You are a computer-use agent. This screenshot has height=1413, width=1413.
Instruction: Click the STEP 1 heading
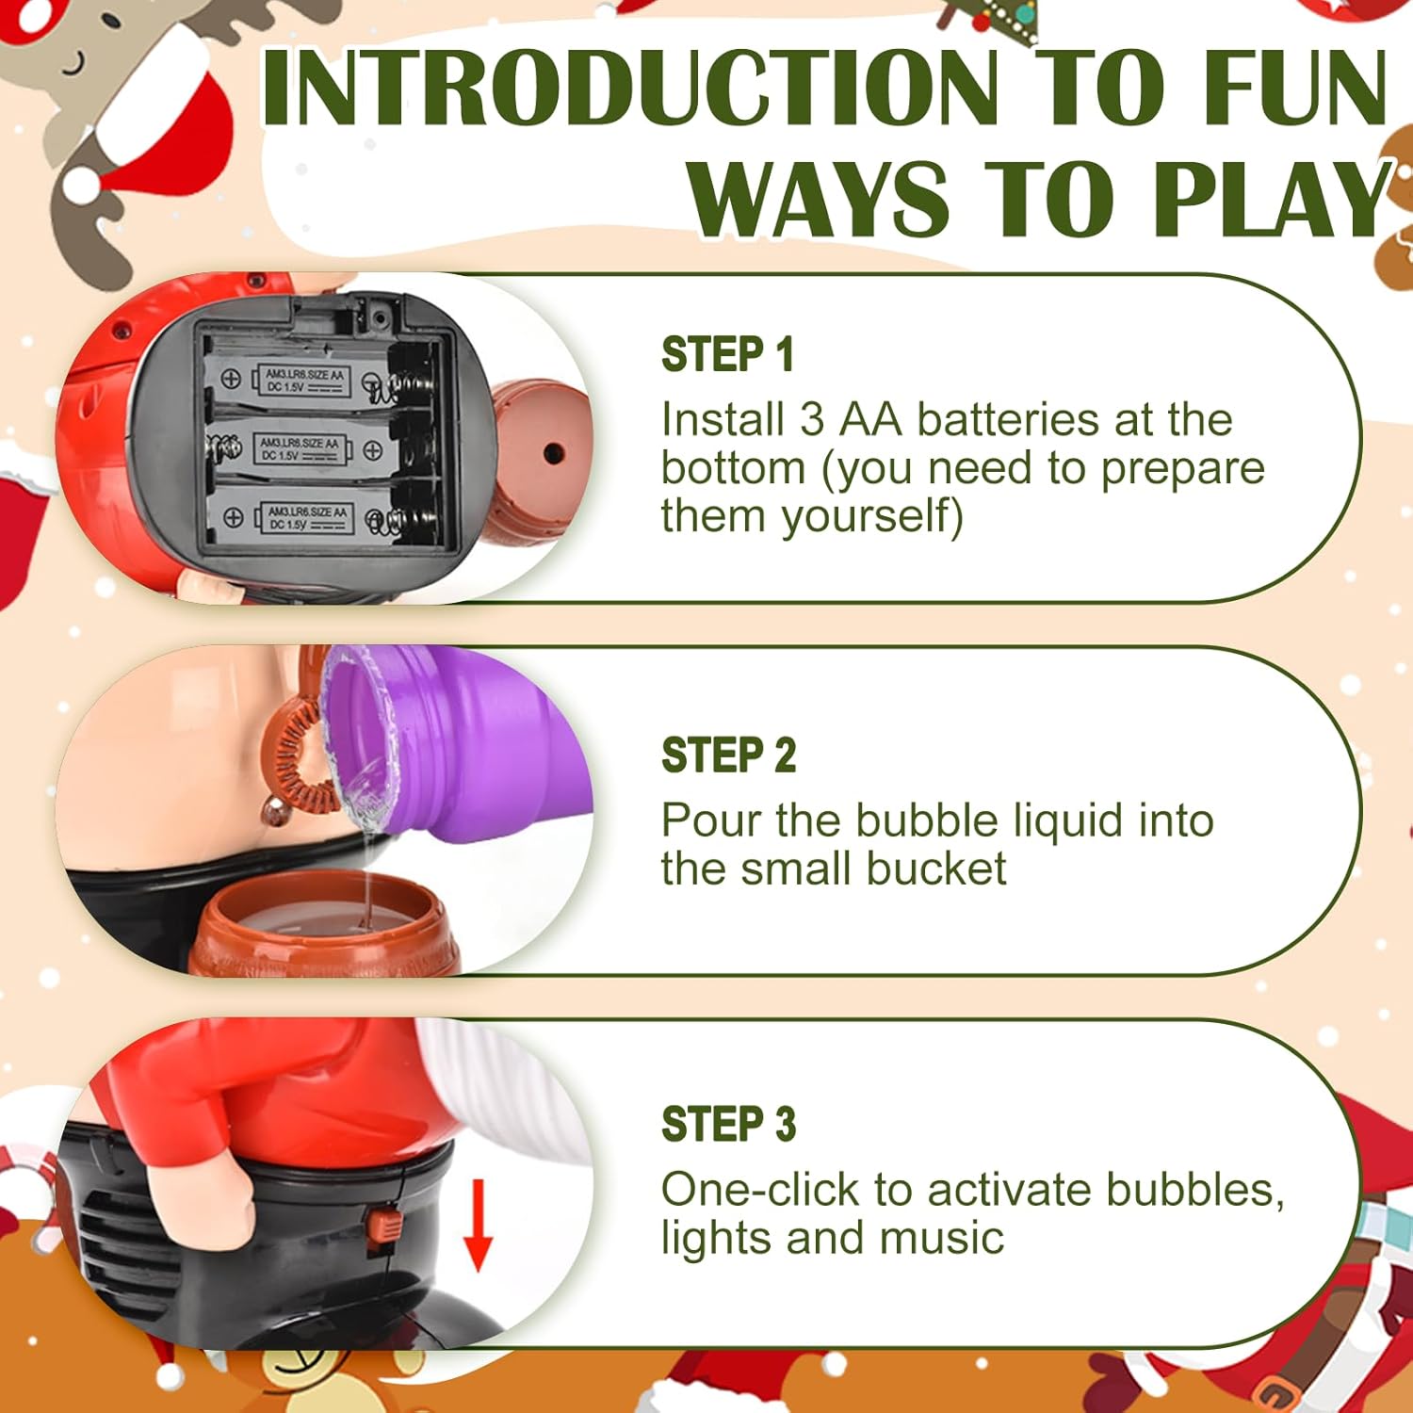point(727,355)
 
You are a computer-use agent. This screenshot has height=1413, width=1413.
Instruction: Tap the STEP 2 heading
point(728,755)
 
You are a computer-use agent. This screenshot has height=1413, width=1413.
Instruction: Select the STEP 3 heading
point(728,1125)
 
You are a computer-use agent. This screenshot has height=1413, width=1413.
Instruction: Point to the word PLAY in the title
point(1274,199)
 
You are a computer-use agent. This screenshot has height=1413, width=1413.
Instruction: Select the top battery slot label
point(300,381)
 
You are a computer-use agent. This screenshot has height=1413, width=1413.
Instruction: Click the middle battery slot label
point(297,448)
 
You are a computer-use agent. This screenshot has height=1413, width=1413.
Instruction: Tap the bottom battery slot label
point(306,517)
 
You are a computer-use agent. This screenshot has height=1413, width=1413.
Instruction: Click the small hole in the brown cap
point(553,453)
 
